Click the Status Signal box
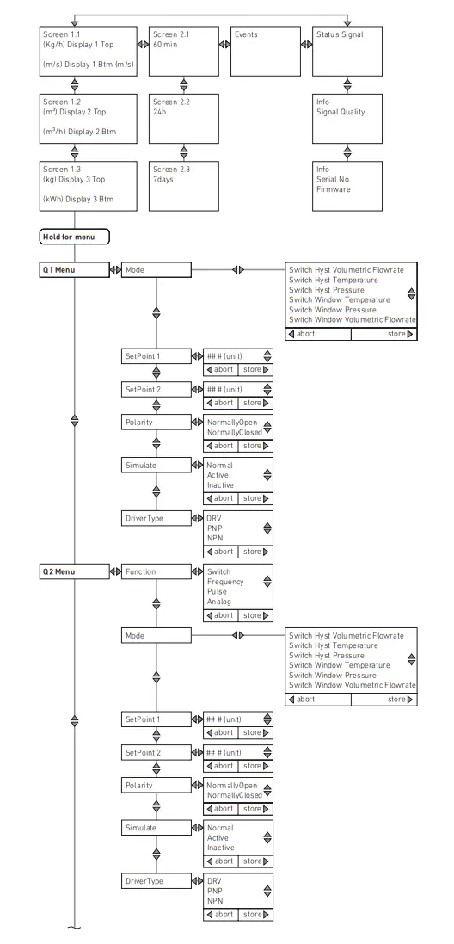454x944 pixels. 347,51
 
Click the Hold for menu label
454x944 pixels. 74,236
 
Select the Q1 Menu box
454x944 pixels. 73,269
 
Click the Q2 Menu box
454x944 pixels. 73,571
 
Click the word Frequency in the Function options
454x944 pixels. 225,582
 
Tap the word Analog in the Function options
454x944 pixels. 219,602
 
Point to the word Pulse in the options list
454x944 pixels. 217,592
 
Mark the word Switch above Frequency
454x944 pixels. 219,571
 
